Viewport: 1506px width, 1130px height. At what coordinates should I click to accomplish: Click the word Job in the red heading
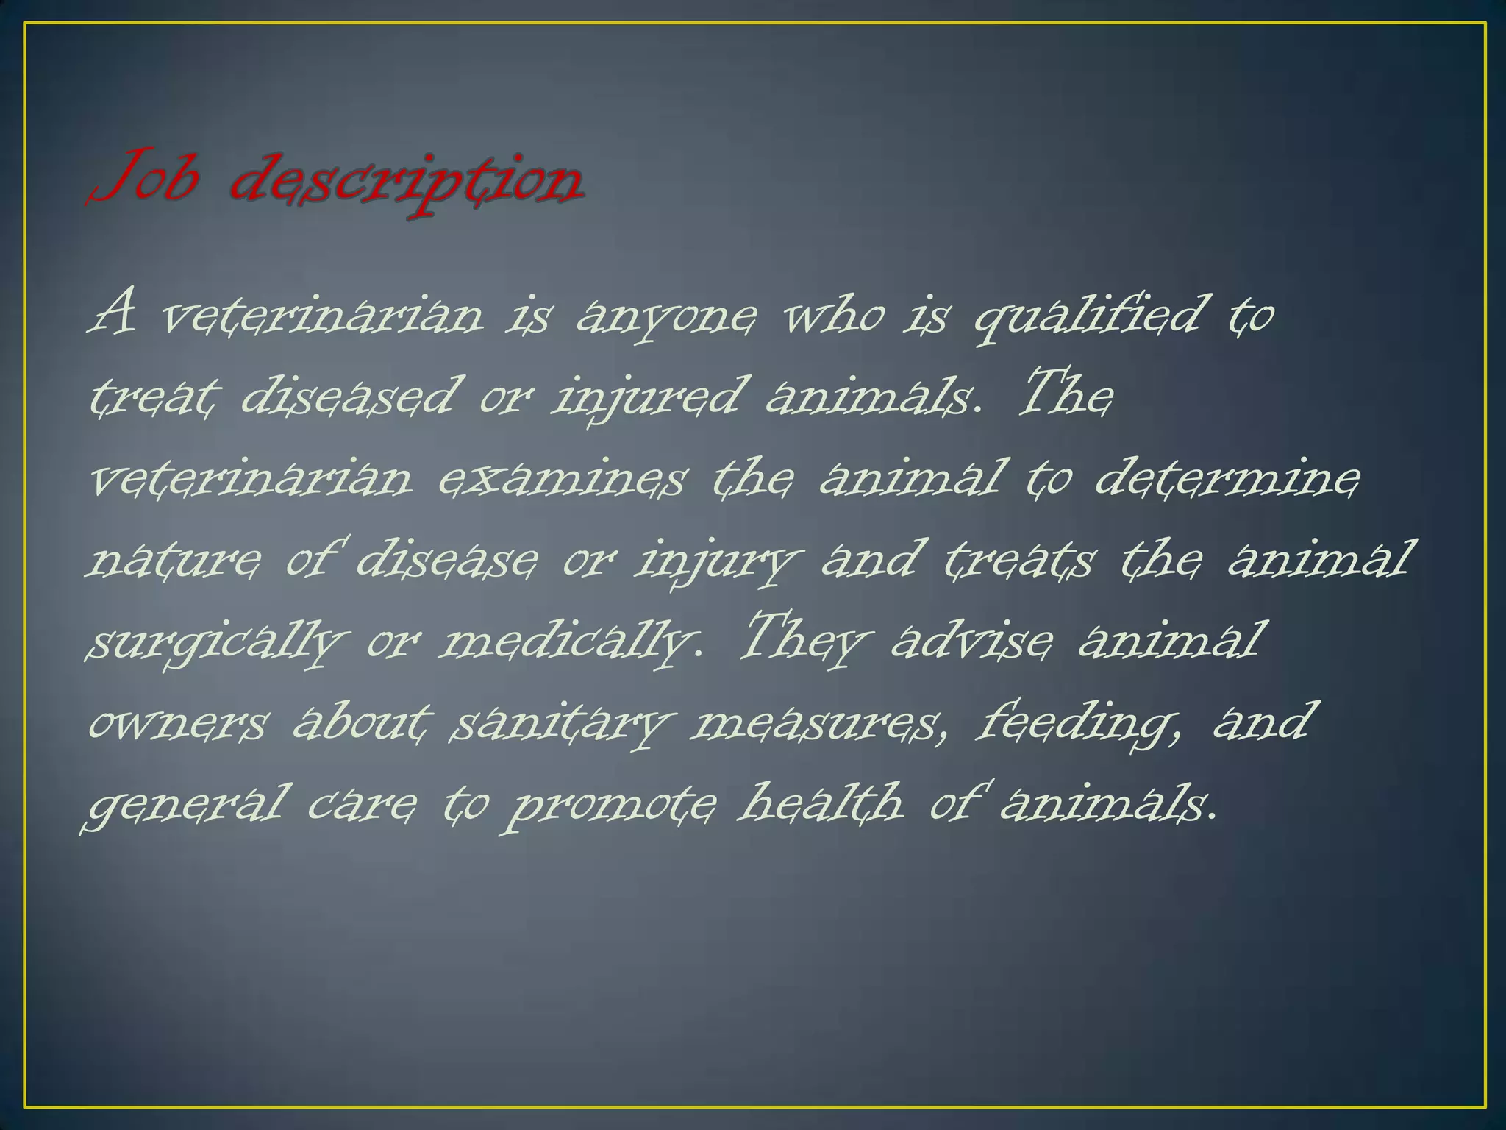point(144,179)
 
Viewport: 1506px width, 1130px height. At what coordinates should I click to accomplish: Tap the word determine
point(1227,478)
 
